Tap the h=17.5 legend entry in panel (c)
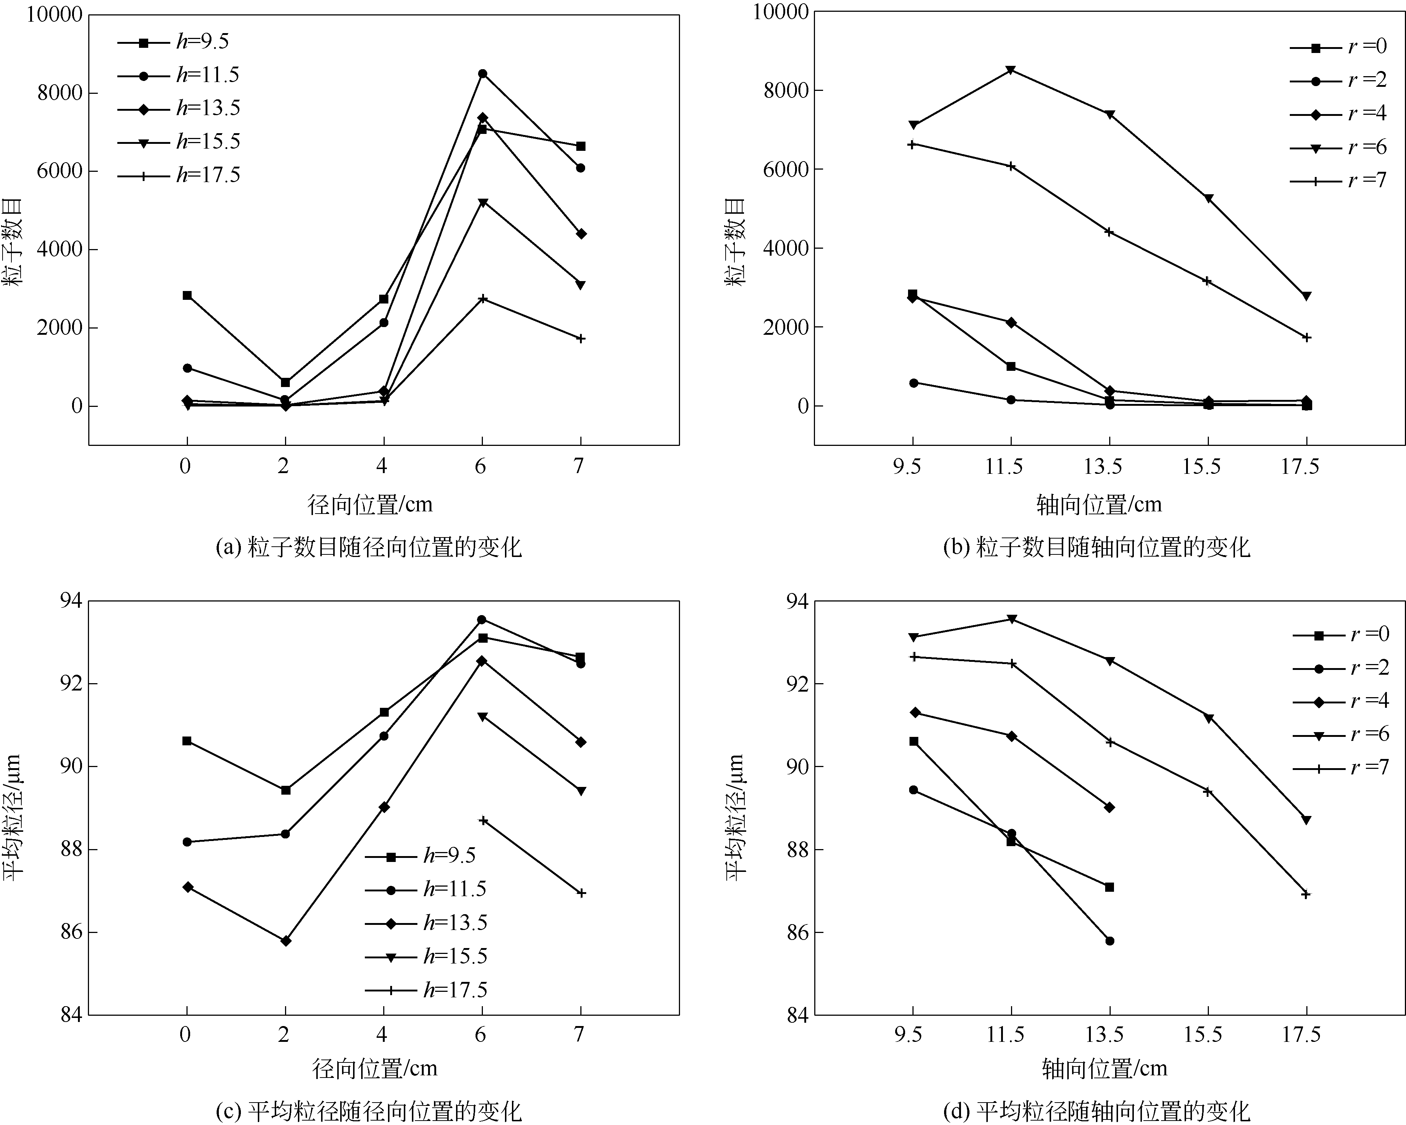pyautogui.click(x=427, y=990)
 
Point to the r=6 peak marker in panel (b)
pyautogui.click(x=1011, y=70)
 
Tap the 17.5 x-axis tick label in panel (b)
pyautogui.click(x=1300, y=467)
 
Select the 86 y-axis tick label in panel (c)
pyautogui.click(x=72, y=933)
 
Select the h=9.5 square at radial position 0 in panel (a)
pyautogui.click(x=187, y=295)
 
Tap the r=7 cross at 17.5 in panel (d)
pyautogui.click(x=1306, y=895)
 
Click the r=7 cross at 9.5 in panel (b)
pyautogui.click(x=913, y=144)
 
